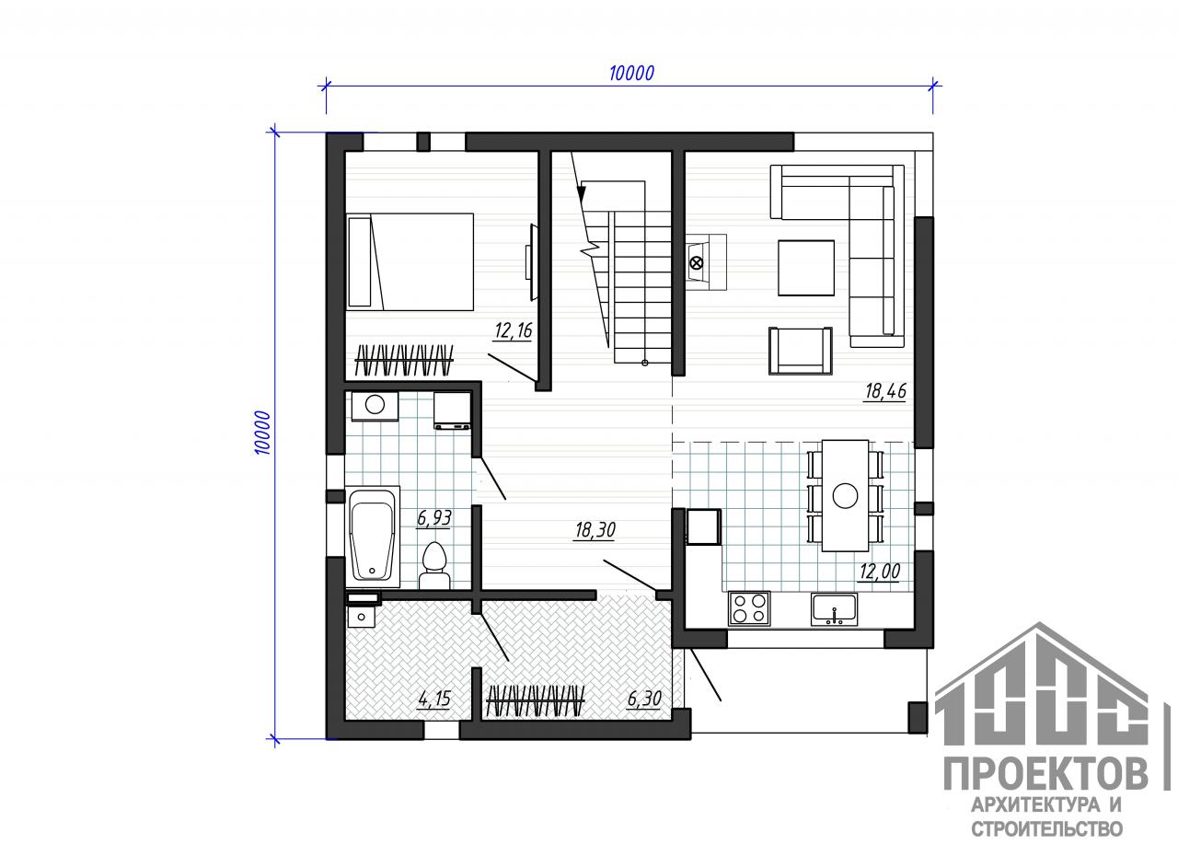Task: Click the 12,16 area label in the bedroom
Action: coord(514,330)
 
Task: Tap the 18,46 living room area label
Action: coord(886,391)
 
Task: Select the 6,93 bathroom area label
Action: coord(434,518)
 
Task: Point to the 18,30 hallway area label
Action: coord(595,530)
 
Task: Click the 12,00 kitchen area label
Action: coord(880,571)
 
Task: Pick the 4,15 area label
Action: coord(434,699)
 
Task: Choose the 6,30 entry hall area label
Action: coord(645,699)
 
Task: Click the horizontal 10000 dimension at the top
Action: coord(631,74)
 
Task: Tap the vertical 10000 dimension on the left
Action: coord(262,433)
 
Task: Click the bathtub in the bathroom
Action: coord(373,537)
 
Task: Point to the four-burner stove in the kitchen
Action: coord(749,608)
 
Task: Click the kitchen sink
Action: coord(834,609)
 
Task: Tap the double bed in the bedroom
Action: coord(410,261)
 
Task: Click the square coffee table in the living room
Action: coord(806,268)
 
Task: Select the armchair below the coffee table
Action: coord(801,351)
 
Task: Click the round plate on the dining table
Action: coord(845,495)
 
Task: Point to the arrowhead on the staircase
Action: coord(581,194)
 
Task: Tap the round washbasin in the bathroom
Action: coord(375,405)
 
